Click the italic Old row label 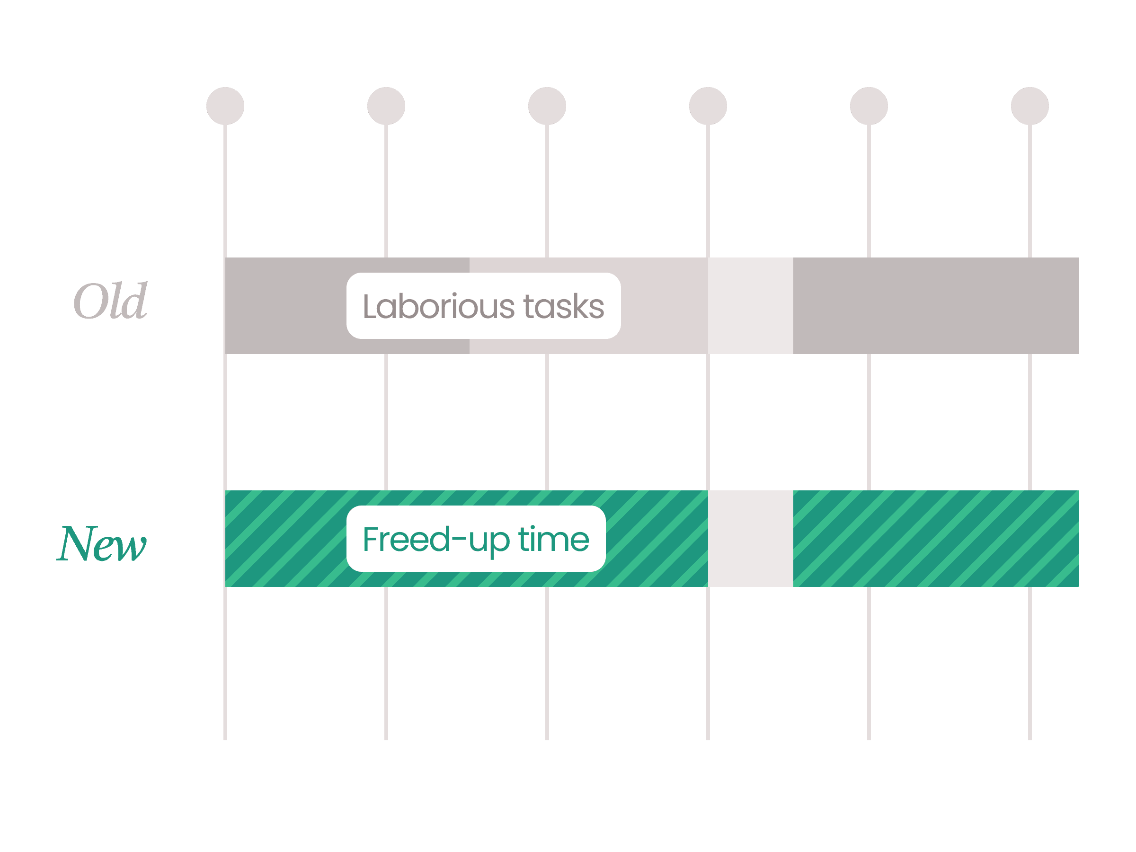click(x=110, y=301)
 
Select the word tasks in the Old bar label click(x=563, y=307)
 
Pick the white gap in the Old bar click(x=750, y=306)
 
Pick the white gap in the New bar click(x=750, y=539)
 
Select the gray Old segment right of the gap click(x=936, y=306)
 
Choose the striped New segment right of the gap click(x=936, y=539)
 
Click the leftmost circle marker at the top click(x=225, y=106)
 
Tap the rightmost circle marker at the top click(x=1029, y=106)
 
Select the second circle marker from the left click(x=386, y=106)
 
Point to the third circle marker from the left click(x=547, y=106)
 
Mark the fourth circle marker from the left click(x=708, y=106)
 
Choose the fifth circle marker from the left click(x=869, y=106)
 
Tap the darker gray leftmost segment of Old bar click(x=285, y=306)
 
